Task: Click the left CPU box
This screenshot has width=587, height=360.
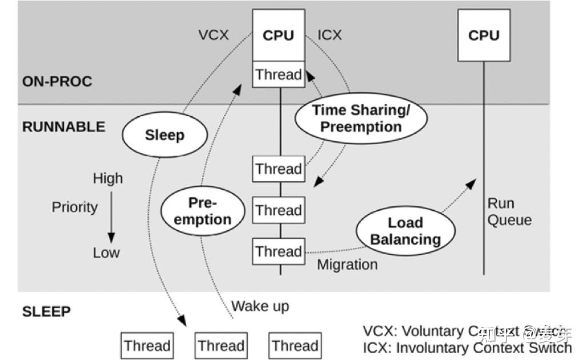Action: [278, 35]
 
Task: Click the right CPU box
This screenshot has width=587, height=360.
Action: [483, 35]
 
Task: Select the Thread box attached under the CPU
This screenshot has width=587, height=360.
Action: [278, 74]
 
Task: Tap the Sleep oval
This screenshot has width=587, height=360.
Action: [164, 135]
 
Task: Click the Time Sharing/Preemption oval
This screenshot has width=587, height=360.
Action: [360, 118]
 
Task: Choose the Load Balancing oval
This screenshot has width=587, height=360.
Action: [405, 231]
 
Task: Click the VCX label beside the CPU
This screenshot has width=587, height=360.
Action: [213, 35]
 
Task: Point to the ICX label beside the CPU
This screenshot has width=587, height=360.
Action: [329, 35]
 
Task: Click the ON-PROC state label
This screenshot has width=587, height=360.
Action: [57, 81]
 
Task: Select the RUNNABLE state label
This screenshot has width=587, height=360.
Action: [63, 126]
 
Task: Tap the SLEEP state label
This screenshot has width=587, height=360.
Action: [46, 311]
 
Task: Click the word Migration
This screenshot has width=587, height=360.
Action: [347, 265]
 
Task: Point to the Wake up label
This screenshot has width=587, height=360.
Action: [260, 306]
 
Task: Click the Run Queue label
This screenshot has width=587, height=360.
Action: [509, 211]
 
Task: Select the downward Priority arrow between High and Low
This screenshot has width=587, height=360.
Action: [111, 217]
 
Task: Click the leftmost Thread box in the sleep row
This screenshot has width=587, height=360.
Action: [147, 346]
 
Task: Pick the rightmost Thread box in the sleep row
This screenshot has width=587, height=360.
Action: [295, 346]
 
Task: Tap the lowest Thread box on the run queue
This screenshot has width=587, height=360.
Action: [278, 251]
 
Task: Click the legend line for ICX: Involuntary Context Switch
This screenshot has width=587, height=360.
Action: [467, 347]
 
